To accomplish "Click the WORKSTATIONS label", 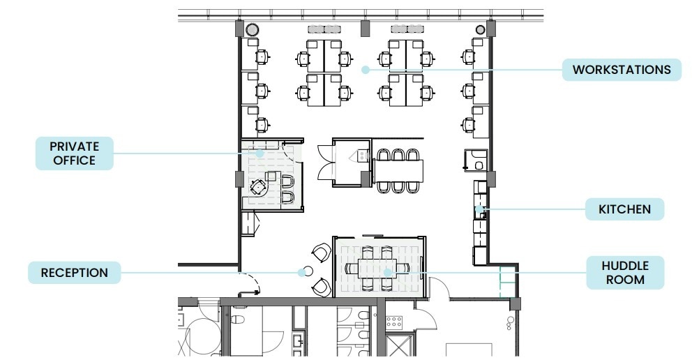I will pyautogui.click(x=622, y=70).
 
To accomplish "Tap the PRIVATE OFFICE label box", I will pyautogui.click(x=74, y=153).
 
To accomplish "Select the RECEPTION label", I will pyautogui.click(x=74, y=272).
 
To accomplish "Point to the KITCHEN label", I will pyautogui.click(x=624, y=209).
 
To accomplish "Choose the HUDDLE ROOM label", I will pyautogui.click(x=624, y=273).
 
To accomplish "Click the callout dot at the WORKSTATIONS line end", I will pyautogui.click(x=364, y=69).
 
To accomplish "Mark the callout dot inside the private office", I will pyautogui.click(x=259, y=153).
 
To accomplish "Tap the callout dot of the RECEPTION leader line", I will pyautogui.click(x=303, y=272).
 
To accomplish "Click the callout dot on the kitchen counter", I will pyautogui.click(x=479, y=209).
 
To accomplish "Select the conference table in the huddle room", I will pyautogui.click(x=377, y=267).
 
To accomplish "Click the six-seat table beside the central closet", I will pyautogui.click(x=398, y=169).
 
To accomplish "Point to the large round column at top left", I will pyautogui.click(x=252, y=29).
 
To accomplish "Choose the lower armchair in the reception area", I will pyautogui.click(x=322, y=285).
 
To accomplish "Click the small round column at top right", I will pyautogui.click(x=480, y=29).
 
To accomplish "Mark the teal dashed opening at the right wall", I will pyautogui.click(x=501, y=283).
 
